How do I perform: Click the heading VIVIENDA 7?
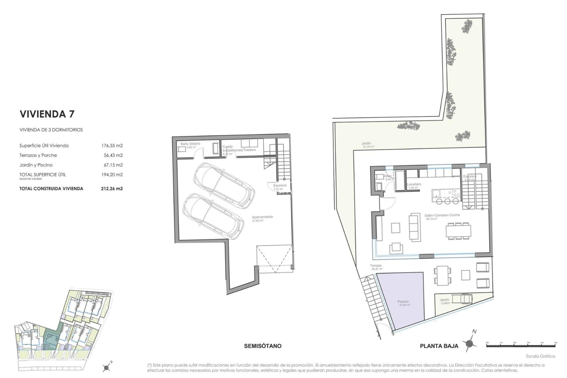tap(47, 114)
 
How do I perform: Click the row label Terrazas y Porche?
tap(38, 155)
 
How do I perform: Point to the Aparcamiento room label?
tap(262, 217)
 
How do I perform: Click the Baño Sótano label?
tap(190, 144)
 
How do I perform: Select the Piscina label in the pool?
tap(403, 302)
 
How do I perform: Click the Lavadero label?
tap(414, 184)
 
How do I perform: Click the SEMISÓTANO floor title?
tap(263, 346)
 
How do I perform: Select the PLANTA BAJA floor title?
tap(439, 346)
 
